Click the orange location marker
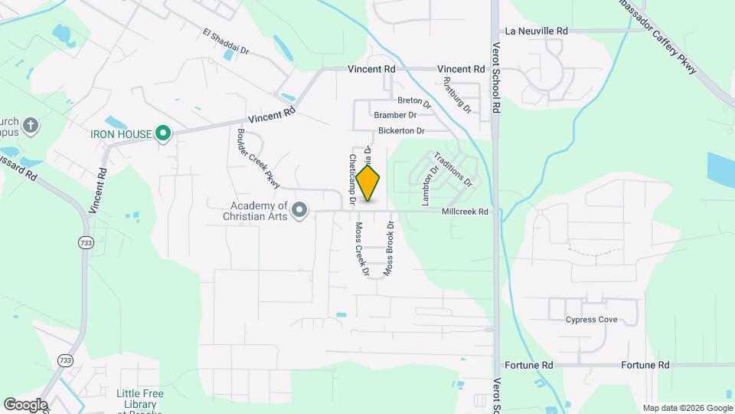368,183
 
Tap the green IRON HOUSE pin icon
162,134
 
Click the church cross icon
30,126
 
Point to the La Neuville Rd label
537,31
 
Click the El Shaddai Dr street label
226,42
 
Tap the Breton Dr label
410,100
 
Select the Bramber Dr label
395,115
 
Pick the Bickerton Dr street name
401,131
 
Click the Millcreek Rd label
465,212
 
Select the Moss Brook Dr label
389,248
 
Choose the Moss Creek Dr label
361,249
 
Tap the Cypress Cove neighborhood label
591,320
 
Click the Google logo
25,404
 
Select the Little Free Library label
139,399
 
